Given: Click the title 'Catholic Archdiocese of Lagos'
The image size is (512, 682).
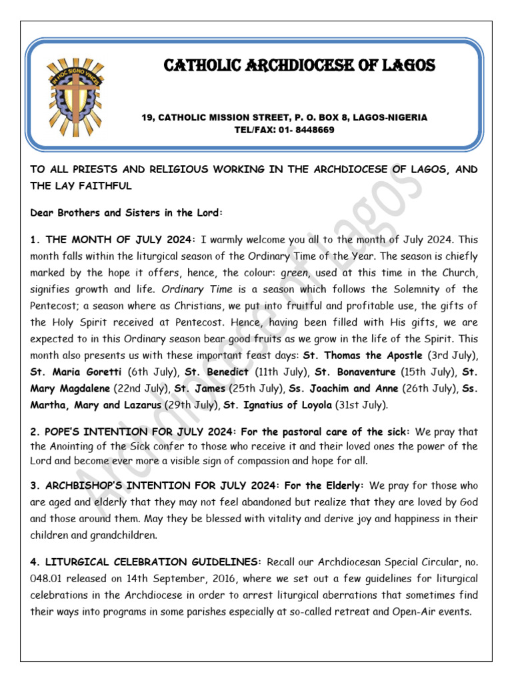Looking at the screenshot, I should pos(299,65).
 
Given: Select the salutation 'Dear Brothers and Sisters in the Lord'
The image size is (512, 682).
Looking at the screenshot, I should pos(125,212).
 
